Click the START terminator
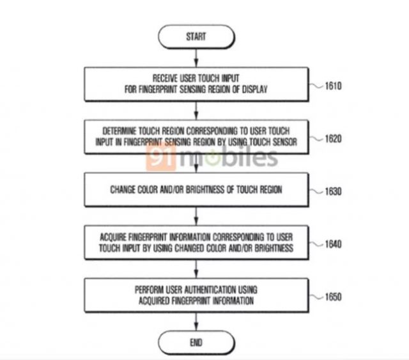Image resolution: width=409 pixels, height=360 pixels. [x=196, y=37]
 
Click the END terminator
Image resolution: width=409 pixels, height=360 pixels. [x=196, y=342]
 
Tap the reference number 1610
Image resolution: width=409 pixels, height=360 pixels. [x=333, y=86]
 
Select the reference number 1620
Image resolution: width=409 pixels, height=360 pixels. [x=333, y=139]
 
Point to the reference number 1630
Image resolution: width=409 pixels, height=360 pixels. [x=333, y=191]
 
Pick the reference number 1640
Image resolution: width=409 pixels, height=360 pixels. [x=333, y=244]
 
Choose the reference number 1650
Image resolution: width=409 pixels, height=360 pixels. [x=333, y=297]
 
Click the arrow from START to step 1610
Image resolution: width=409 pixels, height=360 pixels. [x=196, y=58]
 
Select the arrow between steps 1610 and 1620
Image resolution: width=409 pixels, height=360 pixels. [x=196, y=111]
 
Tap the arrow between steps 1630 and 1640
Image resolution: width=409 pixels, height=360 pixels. [x=196, y=216]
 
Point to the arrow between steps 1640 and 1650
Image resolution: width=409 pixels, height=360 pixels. [x=196, y=269]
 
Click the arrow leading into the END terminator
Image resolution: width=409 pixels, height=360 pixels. [x=196, y=322]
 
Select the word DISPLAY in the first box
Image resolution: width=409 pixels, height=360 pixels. [x=255, y=90]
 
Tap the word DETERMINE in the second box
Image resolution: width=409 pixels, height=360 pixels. [x=120, y=131]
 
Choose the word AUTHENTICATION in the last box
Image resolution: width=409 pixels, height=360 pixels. [x=210, y=290]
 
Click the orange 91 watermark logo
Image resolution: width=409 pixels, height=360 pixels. [x=161, y=157]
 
